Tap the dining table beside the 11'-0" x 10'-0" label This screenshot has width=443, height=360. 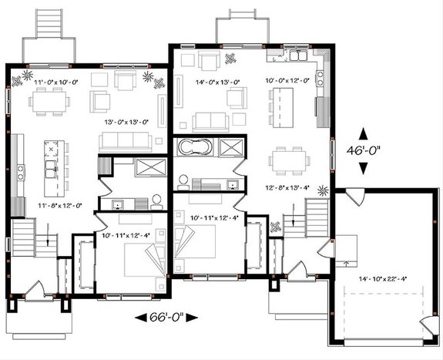coord(52,99)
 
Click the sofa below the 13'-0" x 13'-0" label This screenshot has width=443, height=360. coord(126,140)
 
